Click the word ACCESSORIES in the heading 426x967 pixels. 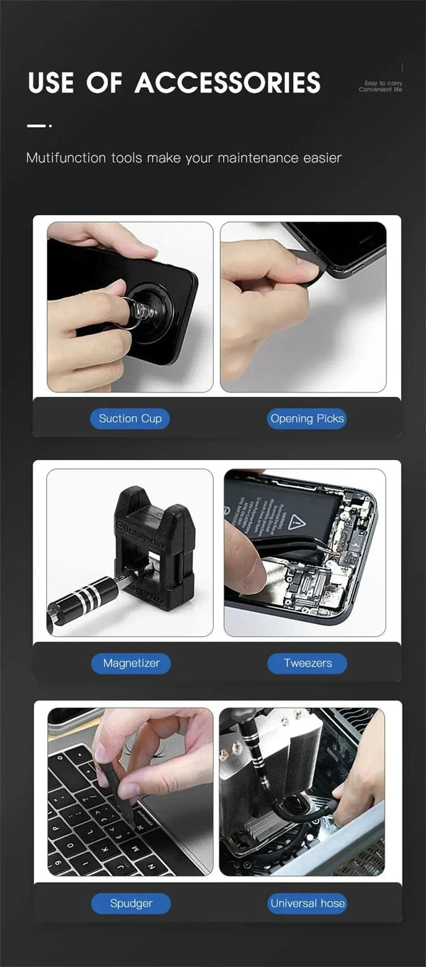[228, 83]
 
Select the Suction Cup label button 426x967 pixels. [130, 418]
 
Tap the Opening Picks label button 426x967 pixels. [307, 418]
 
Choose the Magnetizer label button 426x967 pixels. [131, 663]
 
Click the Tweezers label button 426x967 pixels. [307, 663]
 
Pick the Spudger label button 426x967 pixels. [131, 903]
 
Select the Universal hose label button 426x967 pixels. [307, 903]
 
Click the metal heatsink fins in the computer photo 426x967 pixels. [270, 767]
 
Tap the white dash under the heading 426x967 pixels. [35, 126]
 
